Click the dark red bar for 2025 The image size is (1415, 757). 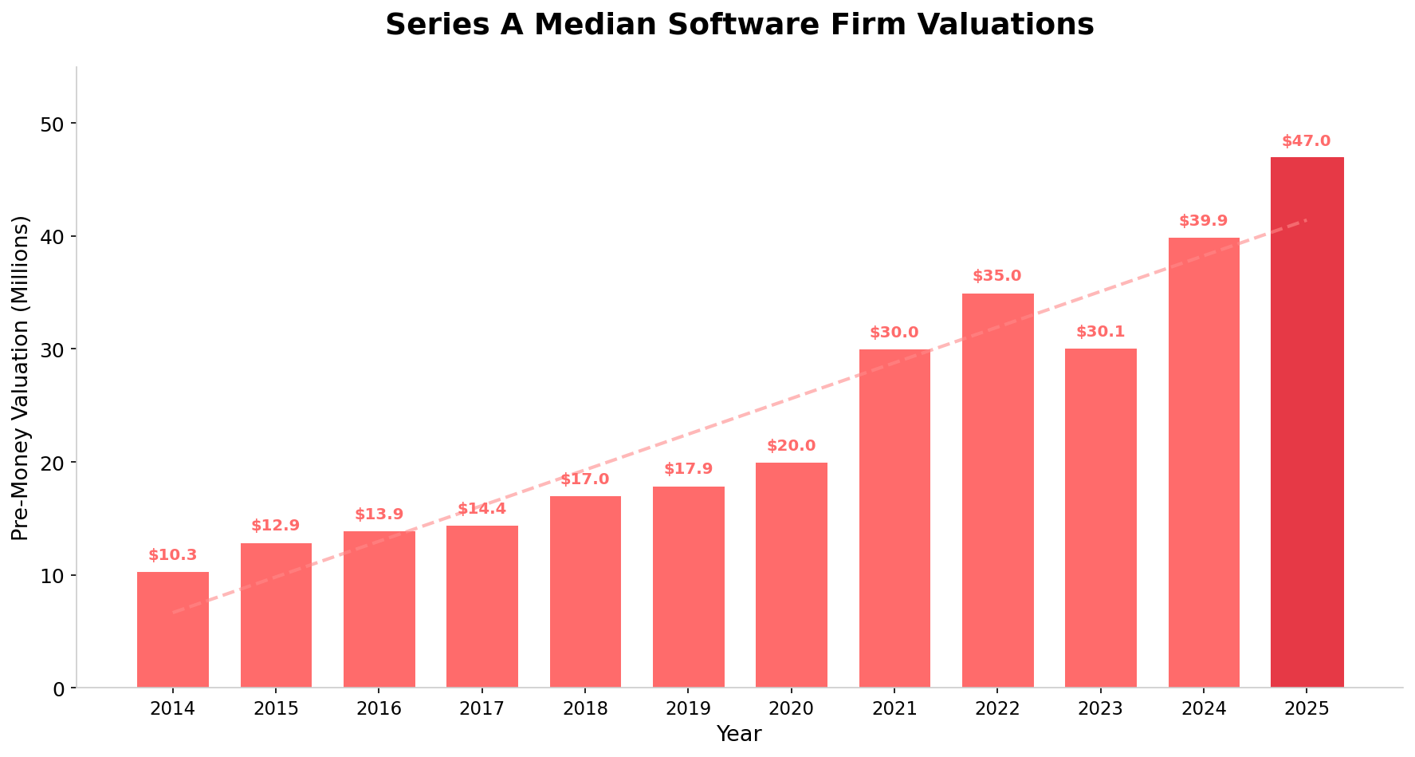[x=1307, y=423]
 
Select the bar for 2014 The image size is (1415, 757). [x=173, y=630]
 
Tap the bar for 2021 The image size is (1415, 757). [x=894, y=518]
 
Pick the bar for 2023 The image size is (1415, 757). [x=1100, y=518]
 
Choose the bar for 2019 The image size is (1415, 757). [x=688, y=587]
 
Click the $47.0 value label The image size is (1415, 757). [x=1306, y=141]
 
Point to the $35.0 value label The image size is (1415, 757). [x=996, y=276]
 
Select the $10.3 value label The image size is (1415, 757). [x=172, y=555]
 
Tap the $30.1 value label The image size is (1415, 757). [x=1100, y=332]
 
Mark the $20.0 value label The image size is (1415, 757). [x=791, y=446]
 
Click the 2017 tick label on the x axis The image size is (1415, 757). [x=481, y=708]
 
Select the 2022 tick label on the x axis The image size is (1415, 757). [x=996, y=708]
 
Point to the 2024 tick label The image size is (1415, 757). [x=1203, y=708]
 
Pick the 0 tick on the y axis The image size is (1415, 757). [x=61, y=688]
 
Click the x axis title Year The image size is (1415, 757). [x=739, y=735]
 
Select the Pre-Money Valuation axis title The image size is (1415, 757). [x=21, y=377]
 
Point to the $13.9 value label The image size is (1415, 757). [x=379, y=515]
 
